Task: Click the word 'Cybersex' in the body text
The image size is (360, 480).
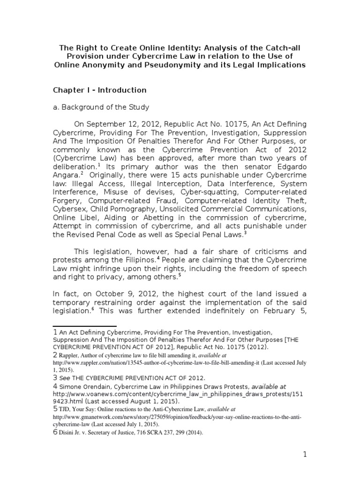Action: coord(69,209)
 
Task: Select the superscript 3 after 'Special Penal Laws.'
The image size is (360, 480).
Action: coord(245,233)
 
